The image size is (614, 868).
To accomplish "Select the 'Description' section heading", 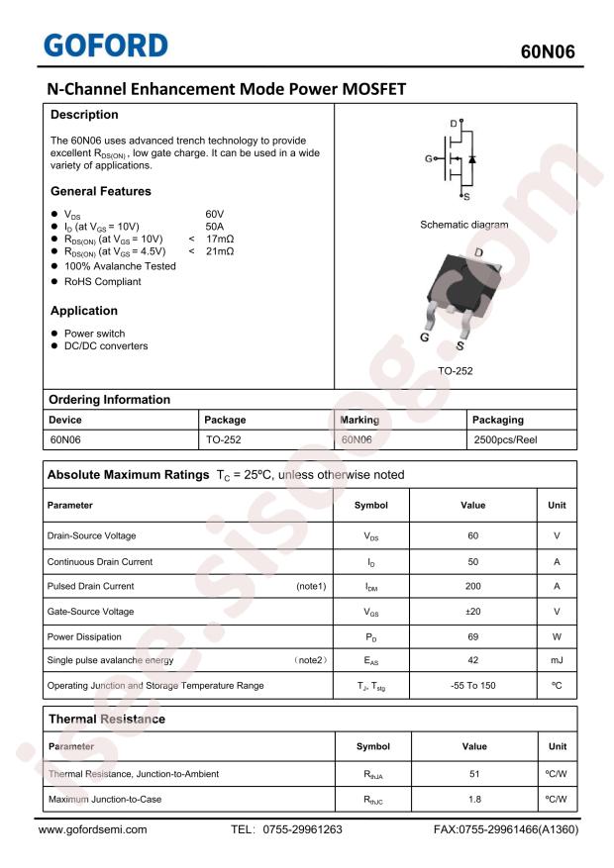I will (x=84, y=116).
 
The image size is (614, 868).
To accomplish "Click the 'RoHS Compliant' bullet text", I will (x=103, y=282).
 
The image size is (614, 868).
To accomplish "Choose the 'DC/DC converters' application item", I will (x=106, y=346).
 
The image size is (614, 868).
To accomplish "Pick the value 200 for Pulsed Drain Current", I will (x=472, y=587).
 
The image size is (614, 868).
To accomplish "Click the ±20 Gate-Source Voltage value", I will (x=472, y=612).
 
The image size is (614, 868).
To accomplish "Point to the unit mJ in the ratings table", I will (x=557, y=661).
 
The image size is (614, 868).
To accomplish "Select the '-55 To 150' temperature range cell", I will (x=472, y=686).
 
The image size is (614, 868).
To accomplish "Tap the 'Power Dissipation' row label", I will (x=85, y=636).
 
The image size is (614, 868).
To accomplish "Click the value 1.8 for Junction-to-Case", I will (x=472, y=799).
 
